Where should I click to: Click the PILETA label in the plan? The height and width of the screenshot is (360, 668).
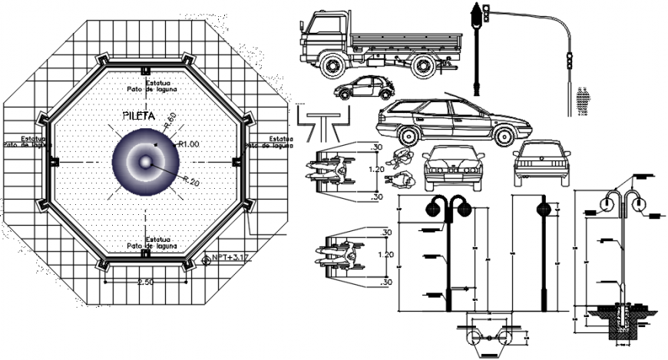tap(139, 116)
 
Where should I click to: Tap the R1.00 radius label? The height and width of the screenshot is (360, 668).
tap(188, 144)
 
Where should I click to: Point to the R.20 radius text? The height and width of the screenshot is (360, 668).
tap(191, 181)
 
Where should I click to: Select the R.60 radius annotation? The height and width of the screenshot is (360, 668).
tap(170, 121)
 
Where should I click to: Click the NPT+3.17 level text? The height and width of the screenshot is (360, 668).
tap(230, 258)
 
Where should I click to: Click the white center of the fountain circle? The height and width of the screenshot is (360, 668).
tap(145, 162)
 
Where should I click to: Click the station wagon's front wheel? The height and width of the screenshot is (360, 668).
tap(503, 137)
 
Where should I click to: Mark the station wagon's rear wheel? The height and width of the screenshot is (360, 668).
tap(408, 137)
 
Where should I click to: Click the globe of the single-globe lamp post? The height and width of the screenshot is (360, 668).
tap(544, 208)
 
